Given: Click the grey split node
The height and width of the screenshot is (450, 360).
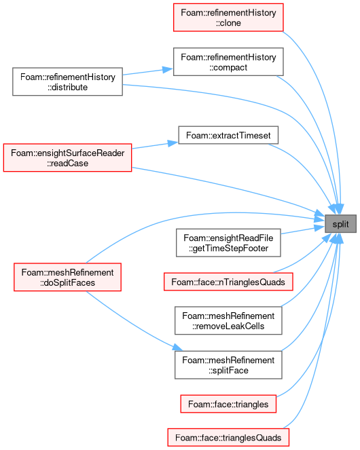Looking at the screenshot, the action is pyautogui.click(x=340, y=223).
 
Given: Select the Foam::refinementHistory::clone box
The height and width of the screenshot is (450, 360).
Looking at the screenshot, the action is pyautogui.click(x=228, y=18).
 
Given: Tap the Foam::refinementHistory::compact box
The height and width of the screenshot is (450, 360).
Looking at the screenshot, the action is pyautogui.click(x=228, y=62).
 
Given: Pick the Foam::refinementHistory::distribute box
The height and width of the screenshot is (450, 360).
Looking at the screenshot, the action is pyautogui.click(x=67, y=82).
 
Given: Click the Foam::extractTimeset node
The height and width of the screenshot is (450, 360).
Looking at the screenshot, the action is pyautogui.click(x=228, y=135).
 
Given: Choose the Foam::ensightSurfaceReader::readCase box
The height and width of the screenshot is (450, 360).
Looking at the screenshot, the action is pyautogui.click(x=67, y=158).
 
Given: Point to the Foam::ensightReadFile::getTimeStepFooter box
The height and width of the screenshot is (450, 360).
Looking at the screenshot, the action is pyautogui.click(x=228, y=243).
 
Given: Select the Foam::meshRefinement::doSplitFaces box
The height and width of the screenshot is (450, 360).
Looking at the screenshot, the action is pyautogui.click(x=67, y=277).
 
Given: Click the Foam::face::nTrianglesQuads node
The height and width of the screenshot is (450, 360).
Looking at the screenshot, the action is pyautogui.click(x=228, y=282).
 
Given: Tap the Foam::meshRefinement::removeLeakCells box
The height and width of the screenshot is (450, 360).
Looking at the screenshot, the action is pyautogui.click(x=228, y=320).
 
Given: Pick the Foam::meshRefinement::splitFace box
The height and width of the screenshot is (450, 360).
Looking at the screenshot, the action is pyautogui.click(x=228, y=365).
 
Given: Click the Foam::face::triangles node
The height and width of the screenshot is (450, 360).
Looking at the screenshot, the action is pyautogui.click(x=228, y=404).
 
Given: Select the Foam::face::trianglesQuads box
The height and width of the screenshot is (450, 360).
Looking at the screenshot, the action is pyautogui.click(x=228, y=437).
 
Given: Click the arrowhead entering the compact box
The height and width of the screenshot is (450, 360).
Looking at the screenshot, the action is pyautogui.click(x=168, y=69).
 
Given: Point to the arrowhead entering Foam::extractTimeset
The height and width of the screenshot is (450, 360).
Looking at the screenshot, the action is pyautogui.click(x=173, y=143).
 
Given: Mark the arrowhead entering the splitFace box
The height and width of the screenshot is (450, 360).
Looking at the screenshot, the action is pyautogui.click(x=177, y=348).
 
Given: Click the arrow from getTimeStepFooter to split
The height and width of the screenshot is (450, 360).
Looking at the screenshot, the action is pyautogui.click(x=302, y=230).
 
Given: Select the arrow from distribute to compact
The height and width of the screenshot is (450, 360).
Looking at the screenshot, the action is pyautogui.click(x=147, y=72).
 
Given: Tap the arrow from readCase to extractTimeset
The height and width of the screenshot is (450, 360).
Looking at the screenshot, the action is pyautogui.click(x=155, y=145).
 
